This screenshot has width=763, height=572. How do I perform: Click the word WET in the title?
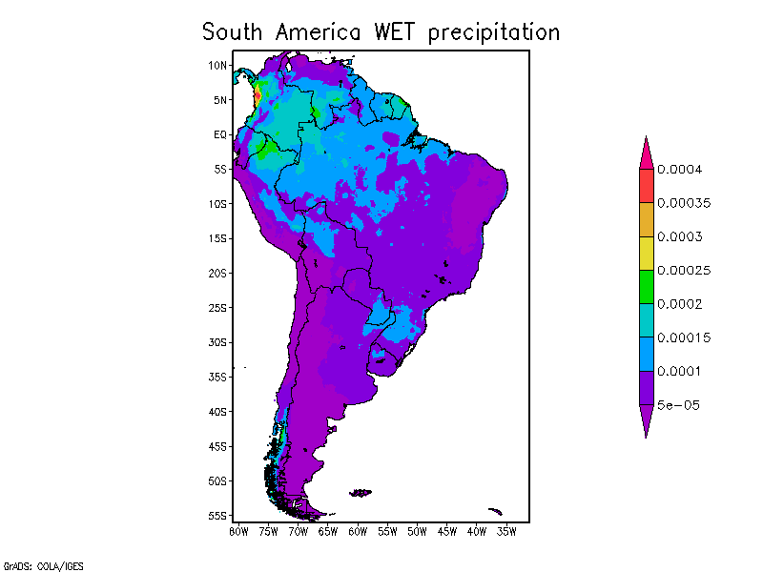click(x=393, y=31)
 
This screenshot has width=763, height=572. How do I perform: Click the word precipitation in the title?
click(x=493, y=33)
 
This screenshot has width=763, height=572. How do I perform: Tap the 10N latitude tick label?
click(x=218, y=65)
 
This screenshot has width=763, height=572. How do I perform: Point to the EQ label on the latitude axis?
click(x=220, y=134)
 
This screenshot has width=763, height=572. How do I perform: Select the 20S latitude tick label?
click(x=218, y=273)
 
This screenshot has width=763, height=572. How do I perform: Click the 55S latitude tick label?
click(x=218, y=516)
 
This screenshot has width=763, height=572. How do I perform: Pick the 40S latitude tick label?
click(x=218, y=412)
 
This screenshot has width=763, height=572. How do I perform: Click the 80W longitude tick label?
click(x=238, y=531)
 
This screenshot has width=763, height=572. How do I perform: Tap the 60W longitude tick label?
click(x=358, y=531)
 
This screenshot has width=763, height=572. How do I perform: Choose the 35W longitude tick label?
click(x=507, y=531)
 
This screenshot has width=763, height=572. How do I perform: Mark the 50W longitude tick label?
click(x=418, y=531)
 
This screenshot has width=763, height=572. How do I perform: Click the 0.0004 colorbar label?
click(x=679, y=170)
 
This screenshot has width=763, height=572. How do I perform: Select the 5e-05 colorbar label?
click(x=678, y=404)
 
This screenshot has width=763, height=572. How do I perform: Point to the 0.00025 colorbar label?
click(x=682, y=271)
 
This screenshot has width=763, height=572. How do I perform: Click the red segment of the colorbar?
click(x=646, y=186)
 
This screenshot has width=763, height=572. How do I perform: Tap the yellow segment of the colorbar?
click(x=646, y=253)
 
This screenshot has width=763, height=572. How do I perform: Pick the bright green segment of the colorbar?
click(x=646, y=286)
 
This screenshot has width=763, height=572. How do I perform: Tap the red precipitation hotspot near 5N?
click(x=260, y=95)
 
